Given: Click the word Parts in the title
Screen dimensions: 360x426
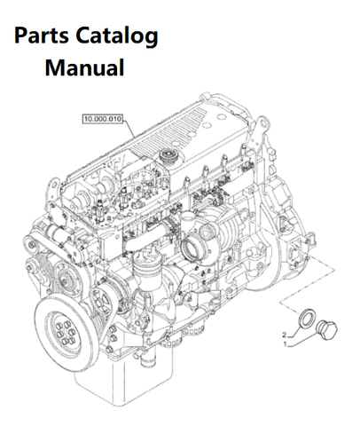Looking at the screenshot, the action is tap(42, 35).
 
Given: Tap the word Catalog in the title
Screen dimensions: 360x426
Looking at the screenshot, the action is tap(117, 36).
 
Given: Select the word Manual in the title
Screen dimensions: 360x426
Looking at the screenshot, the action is tap(84, 67).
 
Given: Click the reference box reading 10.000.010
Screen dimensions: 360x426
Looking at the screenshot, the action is tap(102, 119).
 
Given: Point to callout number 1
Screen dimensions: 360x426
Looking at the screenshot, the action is tap(285, 344).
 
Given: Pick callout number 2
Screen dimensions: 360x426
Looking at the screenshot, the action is tap(285, 335).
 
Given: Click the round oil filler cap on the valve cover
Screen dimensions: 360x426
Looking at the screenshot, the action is tap(168, 155).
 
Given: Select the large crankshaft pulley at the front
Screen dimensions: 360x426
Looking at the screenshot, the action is tap(65, 329).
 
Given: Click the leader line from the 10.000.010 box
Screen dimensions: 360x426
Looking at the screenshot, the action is tap(129, 128).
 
